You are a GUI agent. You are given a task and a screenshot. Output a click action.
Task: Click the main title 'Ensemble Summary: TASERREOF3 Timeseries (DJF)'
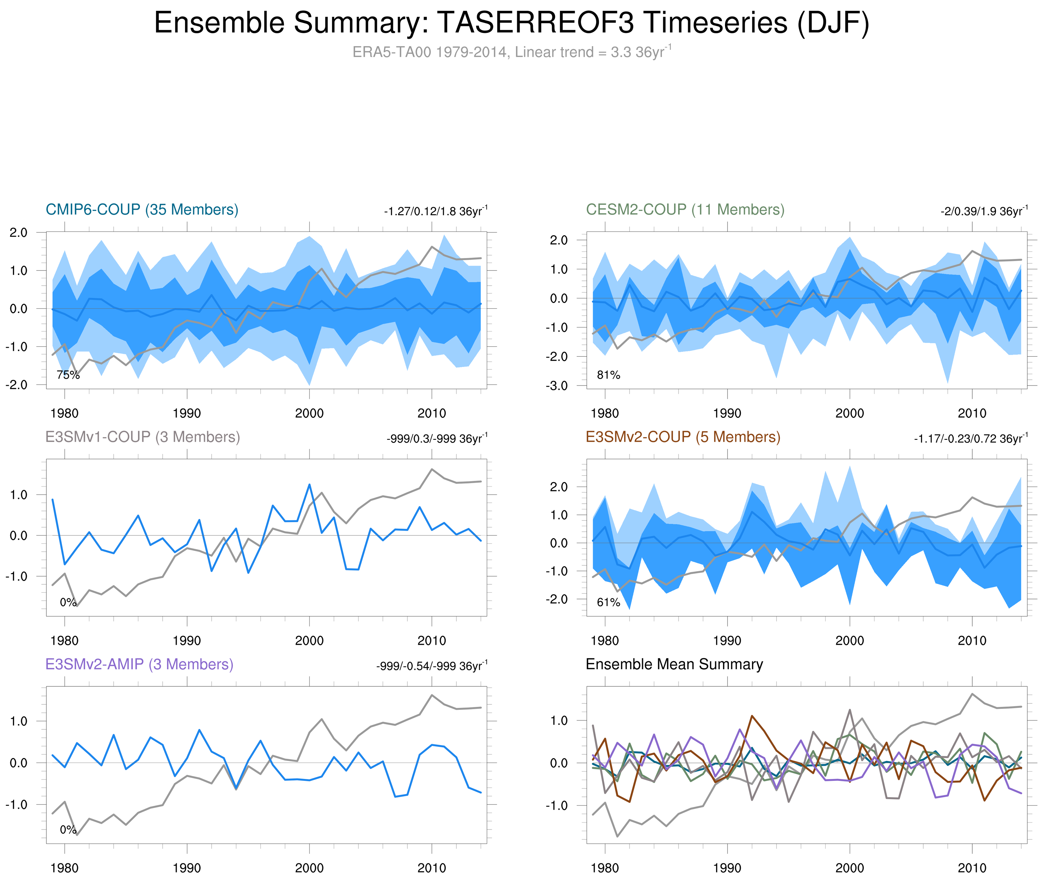point(511,23)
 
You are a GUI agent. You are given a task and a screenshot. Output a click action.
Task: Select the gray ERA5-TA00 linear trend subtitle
point(511,52)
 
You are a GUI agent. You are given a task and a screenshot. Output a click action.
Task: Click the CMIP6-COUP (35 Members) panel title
point(142,210)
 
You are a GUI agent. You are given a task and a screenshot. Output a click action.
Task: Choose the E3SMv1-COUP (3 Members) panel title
point(142,437)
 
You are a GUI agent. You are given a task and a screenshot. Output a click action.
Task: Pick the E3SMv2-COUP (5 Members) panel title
point(682,437)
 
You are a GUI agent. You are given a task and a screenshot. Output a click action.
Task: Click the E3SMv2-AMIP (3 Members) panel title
point(139,664)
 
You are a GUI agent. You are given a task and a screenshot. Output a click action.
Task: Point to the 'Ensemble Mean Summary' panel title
point(674,664)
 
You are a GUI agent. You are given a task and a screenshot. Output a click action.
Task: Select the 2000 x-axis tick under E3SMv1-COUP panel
point(309,640)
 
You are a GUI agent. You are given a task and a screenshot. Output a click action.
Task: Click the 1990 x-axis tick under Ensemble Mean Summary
point(727,868)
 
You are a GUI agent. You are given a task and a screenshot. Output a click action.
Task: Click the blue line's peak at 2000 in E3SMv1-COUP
point(309,484)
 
